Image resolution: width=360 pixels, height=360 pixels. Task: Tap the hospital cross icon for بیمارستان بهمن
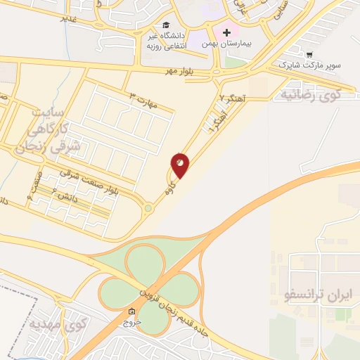[x=226, y=32]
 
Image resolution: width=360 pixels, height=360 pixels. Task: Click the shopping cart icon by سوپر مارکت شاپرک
[x=309, y=53]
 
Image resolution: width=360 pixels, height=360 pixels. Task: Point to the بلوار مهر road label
[x=179, y=72]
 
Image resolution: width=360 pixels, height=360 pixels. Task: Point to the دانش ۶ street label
[x=69, y=200]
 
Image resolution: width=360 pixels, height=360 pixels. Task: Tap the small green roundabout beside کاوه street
[x=148, y=208]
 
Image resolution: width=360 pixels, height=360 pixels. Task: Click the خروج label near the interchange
[x=132, y=322]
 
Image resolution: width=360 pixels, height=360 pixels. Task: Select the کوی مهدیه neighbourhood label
[x=58, y=324]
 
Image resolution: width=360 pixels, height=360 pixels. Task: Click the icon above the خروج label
[x=132, y=311]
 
